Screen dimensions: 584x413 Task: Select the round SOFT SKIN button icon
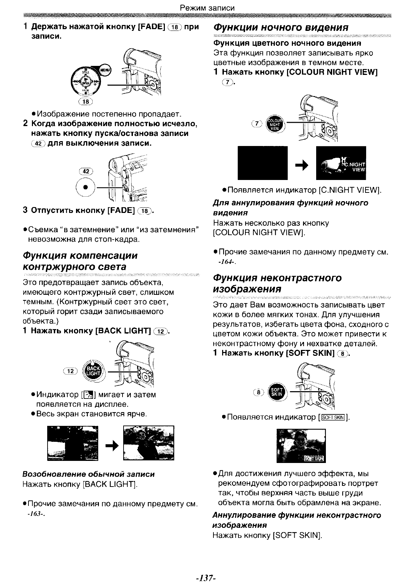tap(277, 392)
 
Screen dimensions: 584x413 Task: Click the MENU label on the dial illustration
tap(104, 70)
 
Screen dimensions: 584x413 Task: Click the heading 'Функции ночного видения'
tap(281, 27)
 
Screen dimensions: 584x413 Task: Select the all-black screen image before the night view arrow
tap(262, 163)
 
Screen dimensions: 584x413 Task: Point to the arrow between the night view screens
tap(301, 166)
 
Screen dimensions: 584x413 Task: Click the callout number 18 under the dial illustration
tap(86, 102)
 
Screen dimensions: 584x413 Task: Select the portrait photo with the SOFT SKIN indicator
tap(301, 446)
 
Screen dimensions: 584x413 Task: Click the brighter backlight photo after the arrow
tap(149, 443)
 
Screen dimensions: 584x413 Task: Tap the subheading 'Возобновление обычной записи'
tap(88, 474)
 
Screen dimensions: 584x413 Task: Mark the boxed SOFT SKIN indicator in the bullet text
tap(333, 417)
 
